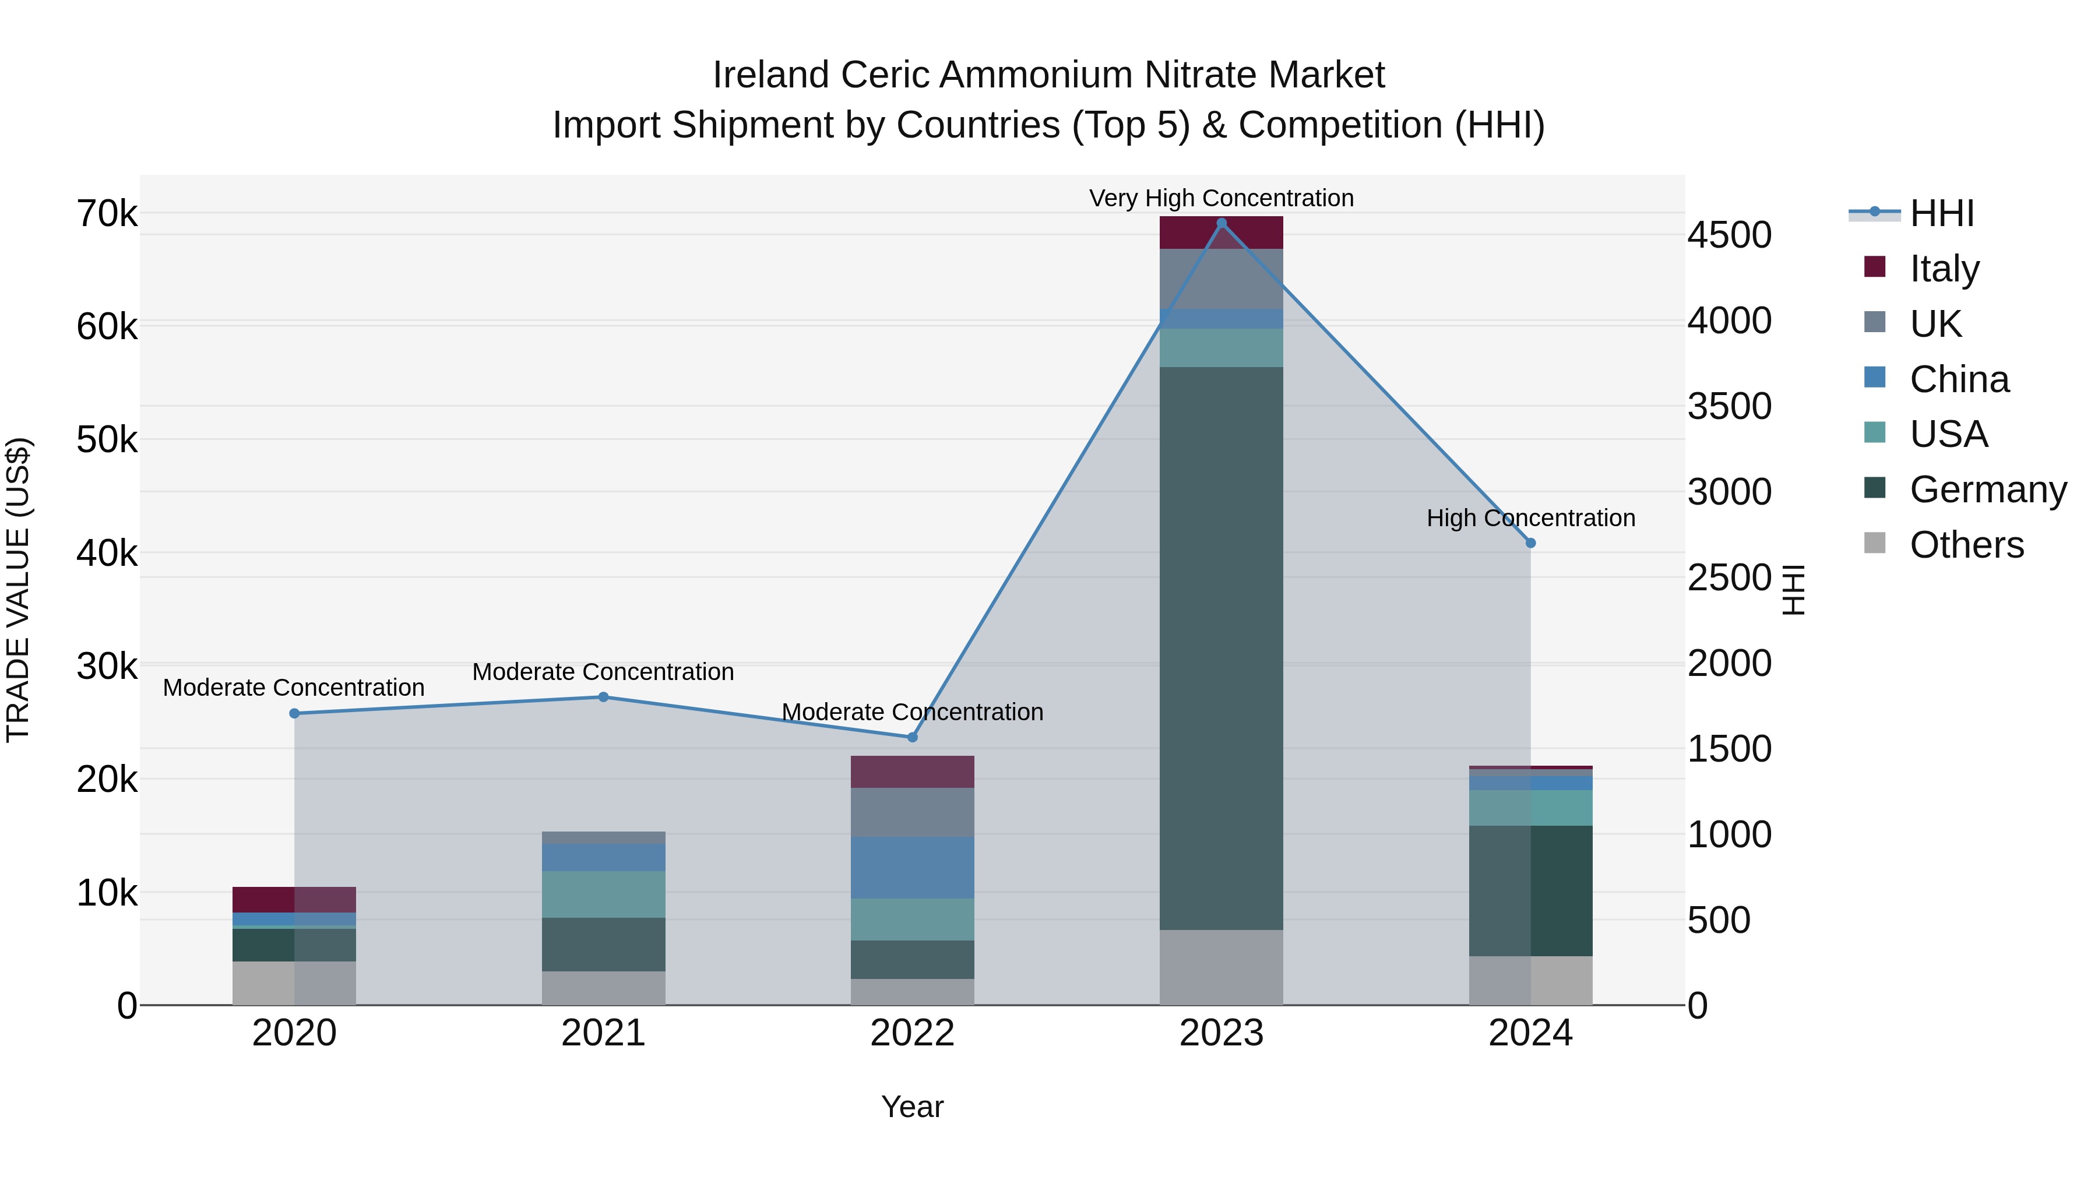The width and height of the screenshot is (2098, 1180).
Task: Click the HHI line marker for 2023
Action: (x=1221, y=223)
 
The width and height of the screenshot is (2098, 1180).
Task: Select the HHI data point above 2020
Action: (x=294, y=713)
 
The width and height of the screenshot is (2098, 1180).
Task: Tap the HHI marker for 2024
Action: (x=1530, y=543)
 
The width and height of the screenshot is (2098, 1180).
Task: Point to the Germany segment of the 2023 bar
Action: (x=1221, y=647)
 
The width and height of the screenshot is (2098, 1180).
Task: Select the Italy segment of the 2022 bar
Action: (x=912, y=771)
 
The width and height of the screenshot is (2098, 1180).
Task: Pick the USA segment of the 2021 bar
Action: (x=604, y=894)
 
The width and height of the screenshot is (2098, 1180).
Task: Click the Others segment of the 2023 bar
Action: (x=1221, y=967)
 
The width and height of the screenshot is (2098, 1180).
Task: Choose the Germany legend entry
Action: (x=1987, y=489)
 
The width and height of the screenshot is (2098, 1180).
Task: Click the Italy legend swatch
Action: (x=1875, y=267)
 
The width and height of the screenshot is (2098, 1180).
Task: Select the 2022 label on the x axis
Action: (x=912, y=1033)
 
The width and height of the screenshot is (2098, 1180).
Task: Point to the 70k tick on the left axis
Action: (x=107, y=214)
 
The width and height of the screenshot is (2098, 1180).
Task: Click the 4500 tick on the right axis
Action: (x=1729, y=235)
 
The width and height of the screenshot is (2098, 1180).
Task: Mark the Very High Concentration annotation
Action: (x=1221, y=198)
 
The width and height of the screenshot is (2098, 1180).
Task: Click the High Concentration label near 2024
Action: (x=1530, y=518)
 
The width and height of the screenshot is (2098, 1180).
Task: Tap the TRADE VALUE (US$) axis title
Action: (x=18, y=590)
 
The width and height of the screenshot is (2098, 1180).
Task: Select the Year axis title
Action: (x=912, y=1107)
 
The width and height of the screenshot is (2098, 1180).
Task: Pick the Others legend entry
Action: (x=1966, y=545)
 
